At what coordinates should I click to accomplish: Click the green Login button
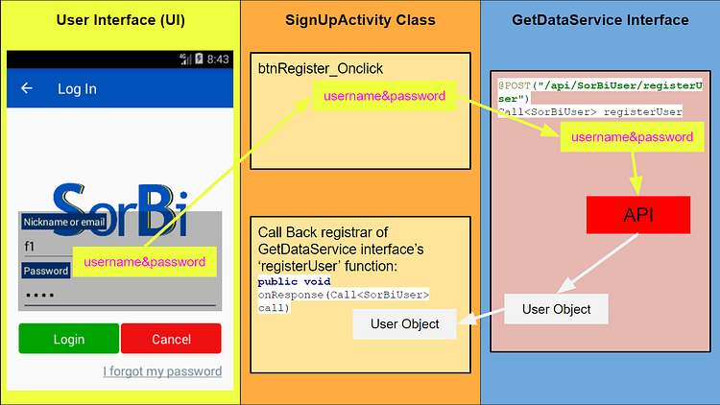pyautogui.click(x=68, y=339)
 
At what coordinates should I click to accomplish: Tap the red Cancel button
pyautogui.click(x=171, y=339)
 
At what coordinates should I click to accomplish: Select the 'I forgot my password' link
pyautogui.click(x=162, y=371)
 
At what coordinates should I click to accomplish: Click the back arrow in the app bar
pyautogui.click(x=27, y=88)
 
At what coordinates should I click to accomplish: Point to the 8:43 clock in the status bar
pyautogui.click(x=218, y=60)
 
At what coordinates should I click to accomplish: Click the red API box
pyautogui.click(x=638, y=214)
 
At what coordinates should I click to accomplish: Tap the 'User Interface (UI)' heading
pyautogui.click(x=120, y=20)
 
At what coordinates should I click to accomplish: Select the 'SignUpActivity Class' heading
pyautogui.click(x=360, y=20)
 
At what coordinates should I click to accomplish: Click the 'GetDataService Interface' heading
pyautogui.click(x=600, y=20)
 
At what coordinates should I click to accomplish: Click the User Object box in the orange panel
pyautogui.click(x=404, y=323)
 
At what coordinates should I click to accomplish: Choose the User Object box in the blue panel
pyautogui.click(x=556, y=309)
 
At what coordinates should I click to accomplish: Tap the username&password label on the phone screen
pyautogui.click(x=144, y=261)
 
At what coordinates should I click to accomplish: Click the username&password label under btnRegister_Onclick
pyautogui.click(x=384, y=96)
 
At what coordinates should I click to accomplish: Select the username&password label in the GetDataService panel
pyautogui.click(x=632, y=137)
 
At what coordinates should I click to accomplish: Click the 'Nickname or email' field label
pyautogui.click(x=64, y=222)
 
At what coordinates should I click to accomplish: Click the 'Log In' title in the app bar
pyautogui.click(x=77, y=88)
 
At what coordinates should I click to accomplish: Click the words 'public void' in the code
pyautogui.click(x=294, y=282)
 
